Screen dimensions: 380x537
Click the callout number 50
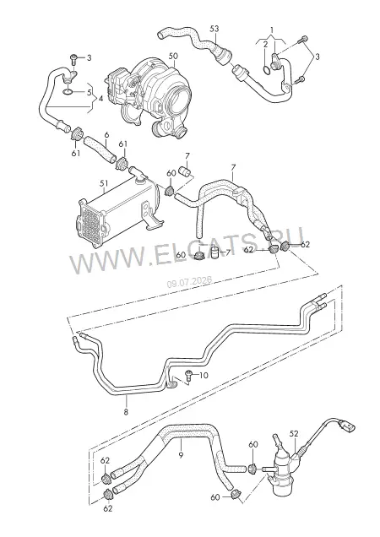click(x=174, y=56)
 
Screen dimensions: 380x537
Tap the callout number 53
click(x=214, y=29)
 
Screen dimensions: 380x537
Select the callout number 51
click(x=104, y=183)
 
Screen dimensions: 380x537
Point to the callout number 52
click(x=294, y=434)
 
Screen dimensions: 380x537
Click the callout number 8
click(x=126, y=412)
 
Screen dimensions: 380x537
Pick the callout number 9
click(x=181, y=455)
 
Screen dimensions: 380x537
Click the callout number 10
click(x=204, y=376)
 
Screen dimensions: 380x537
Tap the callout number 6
click(x=106, y=134)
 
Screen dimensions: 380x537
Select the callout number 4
click(x=100, y=99)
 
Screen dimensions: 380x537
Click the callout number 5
click(x=90, y=92)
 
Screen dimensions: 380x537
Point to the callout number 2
click(x=265, y=44)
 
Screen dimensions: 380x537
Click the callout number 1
click(x=272, y=29)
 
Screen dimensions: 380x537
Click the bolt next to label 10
click(x=189, y=376)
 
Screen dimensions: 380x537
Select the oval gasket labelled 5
click(x=68, y=91)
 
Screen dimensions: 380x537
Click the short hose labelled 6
click(x=100, y=149)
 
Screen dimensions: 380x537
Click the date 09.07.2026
click(x=189, y=282)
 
